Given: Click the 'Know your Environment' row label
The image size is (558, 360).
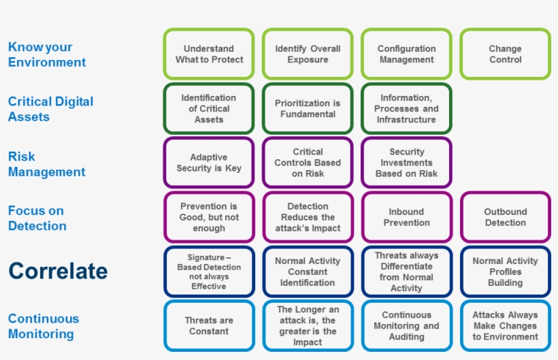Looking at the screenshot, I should coord(47,54).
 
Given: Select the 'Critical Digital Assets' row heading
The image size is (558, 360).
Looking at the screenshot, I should coord(50,109).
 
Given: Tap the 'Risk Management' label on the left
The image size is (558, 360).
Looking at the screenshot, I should coord(46,164).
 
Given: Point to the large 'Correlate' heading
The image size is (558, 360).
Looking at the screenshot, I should coord(58,271).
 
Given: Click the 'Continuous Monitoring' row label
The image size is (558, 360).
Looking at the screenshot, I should coord(44,326).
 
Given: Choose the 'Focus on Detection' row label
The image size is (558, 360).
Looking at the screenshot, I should coord(37,218).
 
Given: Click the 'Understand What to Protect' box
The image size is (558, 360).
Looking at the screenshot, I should coord(209,54).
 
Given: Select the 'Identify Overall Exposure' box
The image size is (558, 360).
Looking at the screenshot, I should coord(308,54).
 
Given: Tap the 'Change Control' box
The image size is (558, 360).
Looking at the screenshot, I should coord(505,54).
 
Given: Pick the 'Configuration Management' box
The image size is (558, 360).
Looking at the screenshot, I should coord(406,54).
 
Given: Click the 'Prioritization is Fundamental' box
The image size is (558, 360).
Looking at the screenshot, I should coord(308,108).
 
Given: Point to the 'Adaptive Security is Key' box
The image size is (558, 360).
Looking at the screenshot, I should coord(209,163).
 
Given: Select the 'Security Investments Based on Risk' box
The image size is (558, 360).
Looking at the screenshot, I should coord(406,163).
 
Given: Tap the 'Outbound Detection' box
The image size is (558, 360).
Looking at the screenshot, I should coord(505,217).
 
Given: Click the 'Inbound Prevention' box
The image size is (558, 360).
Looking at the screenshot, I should coord(406,217).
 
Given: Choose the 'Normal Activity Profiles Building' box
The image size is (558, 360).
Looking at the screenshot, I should coord(505,272).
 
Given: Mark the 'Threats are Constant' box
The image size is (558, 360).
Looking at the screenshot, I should coord(209,325).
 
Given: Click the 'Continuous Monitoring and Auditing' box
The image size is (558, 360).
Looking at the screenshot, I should coord(406,325).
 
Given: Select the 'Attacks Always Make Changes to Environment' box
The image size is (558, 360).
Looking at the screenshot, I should coord(505,325).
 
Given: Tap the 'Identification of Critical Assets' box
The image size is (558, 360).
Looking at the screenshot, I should coord(209,108).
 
